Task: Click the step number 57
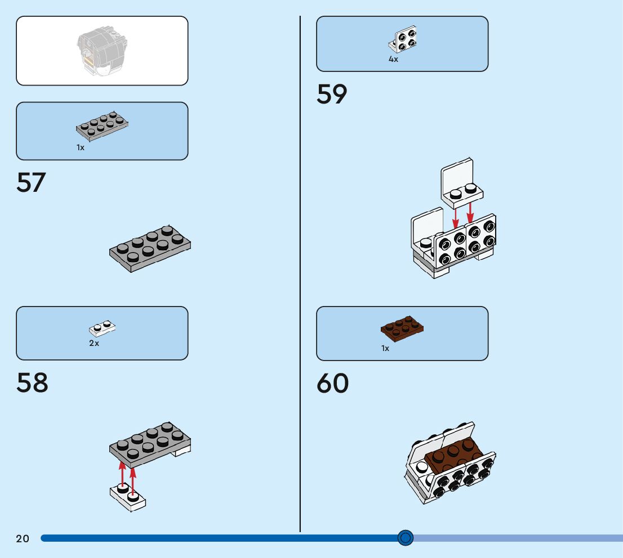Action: (31, 183)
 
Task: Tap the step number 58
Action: (32, 383)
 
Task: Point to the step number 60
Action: (332, 384)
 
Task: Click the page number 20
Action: (23, 539)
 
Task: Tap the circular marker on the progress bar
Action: (405, 538)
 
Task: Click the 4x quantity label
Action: (393, 59)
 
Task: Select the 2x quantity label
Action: (94, 343)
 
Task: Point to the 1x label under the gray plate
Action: (81, 147)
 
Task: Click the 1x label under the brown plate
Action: (385, 348)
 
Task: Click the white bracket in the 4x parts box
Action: (404, 39)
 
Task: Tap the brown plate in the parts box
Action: (402, 328)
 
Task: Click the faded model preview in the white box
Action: (102, 51)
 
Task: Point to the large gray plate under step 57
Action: (150, 249)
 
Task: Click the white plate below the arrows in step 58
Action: (128, 497)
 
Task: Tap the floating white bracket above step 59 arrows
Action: (460, 182)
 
